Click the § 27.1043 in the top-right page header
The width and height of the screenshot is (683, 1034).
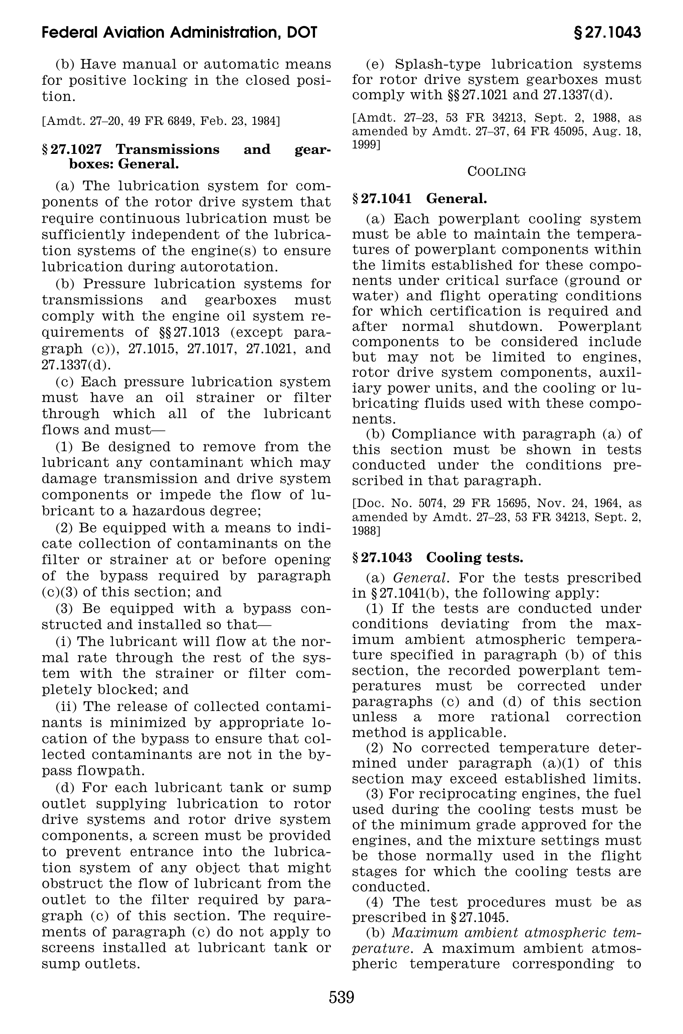coord(607,33)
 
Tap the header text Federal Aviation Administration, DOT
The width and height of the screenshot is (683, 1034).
coord(180,33)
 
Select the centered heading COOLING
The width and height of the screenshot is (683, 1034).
coord(497,172)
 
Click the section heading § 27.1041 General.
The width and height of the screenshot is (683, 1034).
coord(419,199)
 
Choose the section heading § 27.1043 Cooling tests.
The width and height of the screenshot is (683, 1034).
coord(438,558)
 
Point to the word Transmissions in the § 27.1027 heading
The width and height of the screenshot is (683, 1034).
coord(168,149)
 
